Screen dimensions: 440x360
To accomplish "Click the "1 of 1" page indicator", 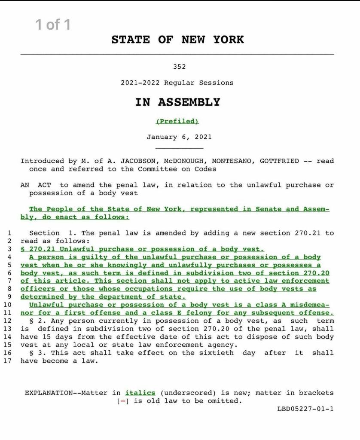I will pos(53,25).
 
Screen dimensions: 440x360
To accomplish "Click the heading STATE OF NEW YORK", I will pos(177,40).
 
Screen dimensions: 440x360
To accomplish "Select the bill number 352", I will pos(180,67).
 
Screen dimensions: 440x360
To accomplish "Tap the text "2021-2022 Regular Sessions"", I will pos(177,82).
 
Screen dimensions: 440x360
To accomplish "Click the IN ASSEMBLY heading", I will pos(177,102).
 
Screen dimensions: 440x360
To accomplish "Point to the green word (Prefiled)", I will pos(177,121).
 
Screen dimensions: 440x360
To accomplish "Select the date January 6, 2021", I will pos(179,137).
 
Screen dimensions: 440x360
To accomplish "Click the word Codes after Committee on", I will pos(205,169).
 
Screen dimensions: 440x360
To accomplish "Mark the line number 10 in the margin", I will pos(8,305).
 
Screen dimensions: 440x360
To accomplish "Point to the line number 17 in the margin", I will pos(8,361).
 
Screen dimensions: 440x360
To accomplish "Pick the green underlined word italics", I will pos(140,393).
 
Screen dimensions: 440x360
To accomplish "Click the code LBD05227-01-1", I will pos(305,409).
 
